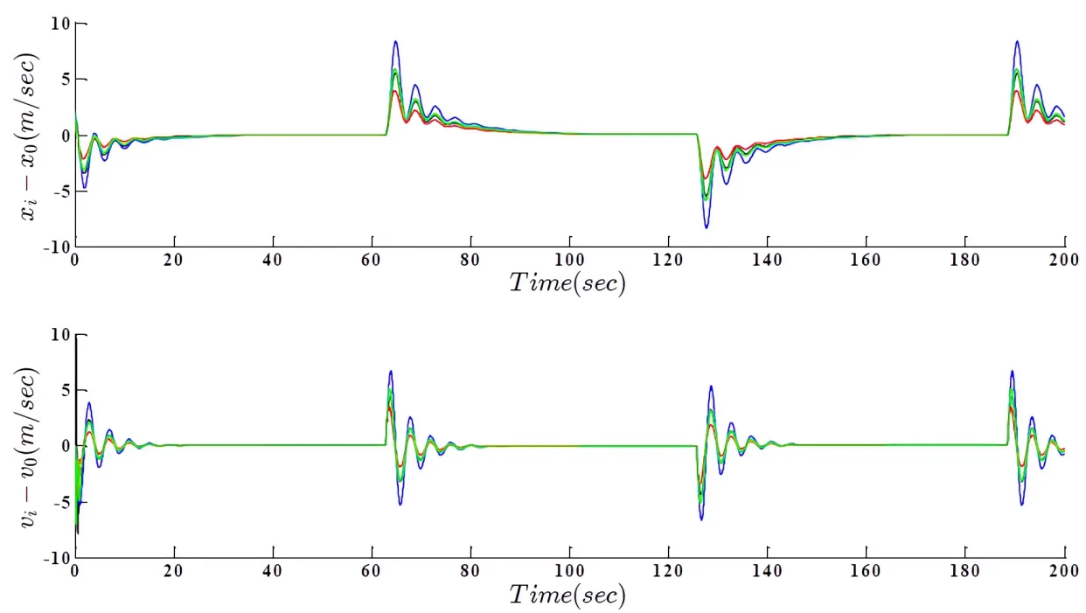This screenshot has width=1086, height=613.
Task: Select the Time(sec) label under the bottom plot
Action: tap(567, 595)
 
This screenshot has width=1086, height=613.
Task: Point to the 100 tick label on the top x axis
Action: tap(570, 260)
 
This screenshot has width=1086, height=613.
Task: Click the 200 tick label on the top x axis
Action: tap(1063, 260)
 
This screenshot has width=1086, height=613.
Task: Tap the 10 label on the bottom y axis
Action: tap(59, 334)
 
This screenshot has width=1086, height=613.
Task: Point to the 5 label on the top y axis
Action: tap(64, 79)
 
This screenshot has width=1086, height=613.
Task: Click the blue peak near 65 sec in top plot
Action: tap(396, 41)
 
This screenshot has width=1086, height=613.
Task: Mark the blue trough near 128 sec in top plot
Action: tap(707, 227)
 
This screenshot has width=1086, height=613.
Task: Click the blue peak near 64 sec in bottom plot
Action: tap(391, 371)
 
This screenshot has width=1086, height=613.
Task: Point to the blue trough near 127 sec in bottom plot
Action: tap(701, 519)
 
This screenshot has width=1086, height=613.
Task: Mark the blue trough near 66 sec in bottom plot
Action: tap(400, 505)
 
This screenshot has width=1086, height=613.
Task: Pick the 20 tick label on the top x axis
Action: tap(175, 260)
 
